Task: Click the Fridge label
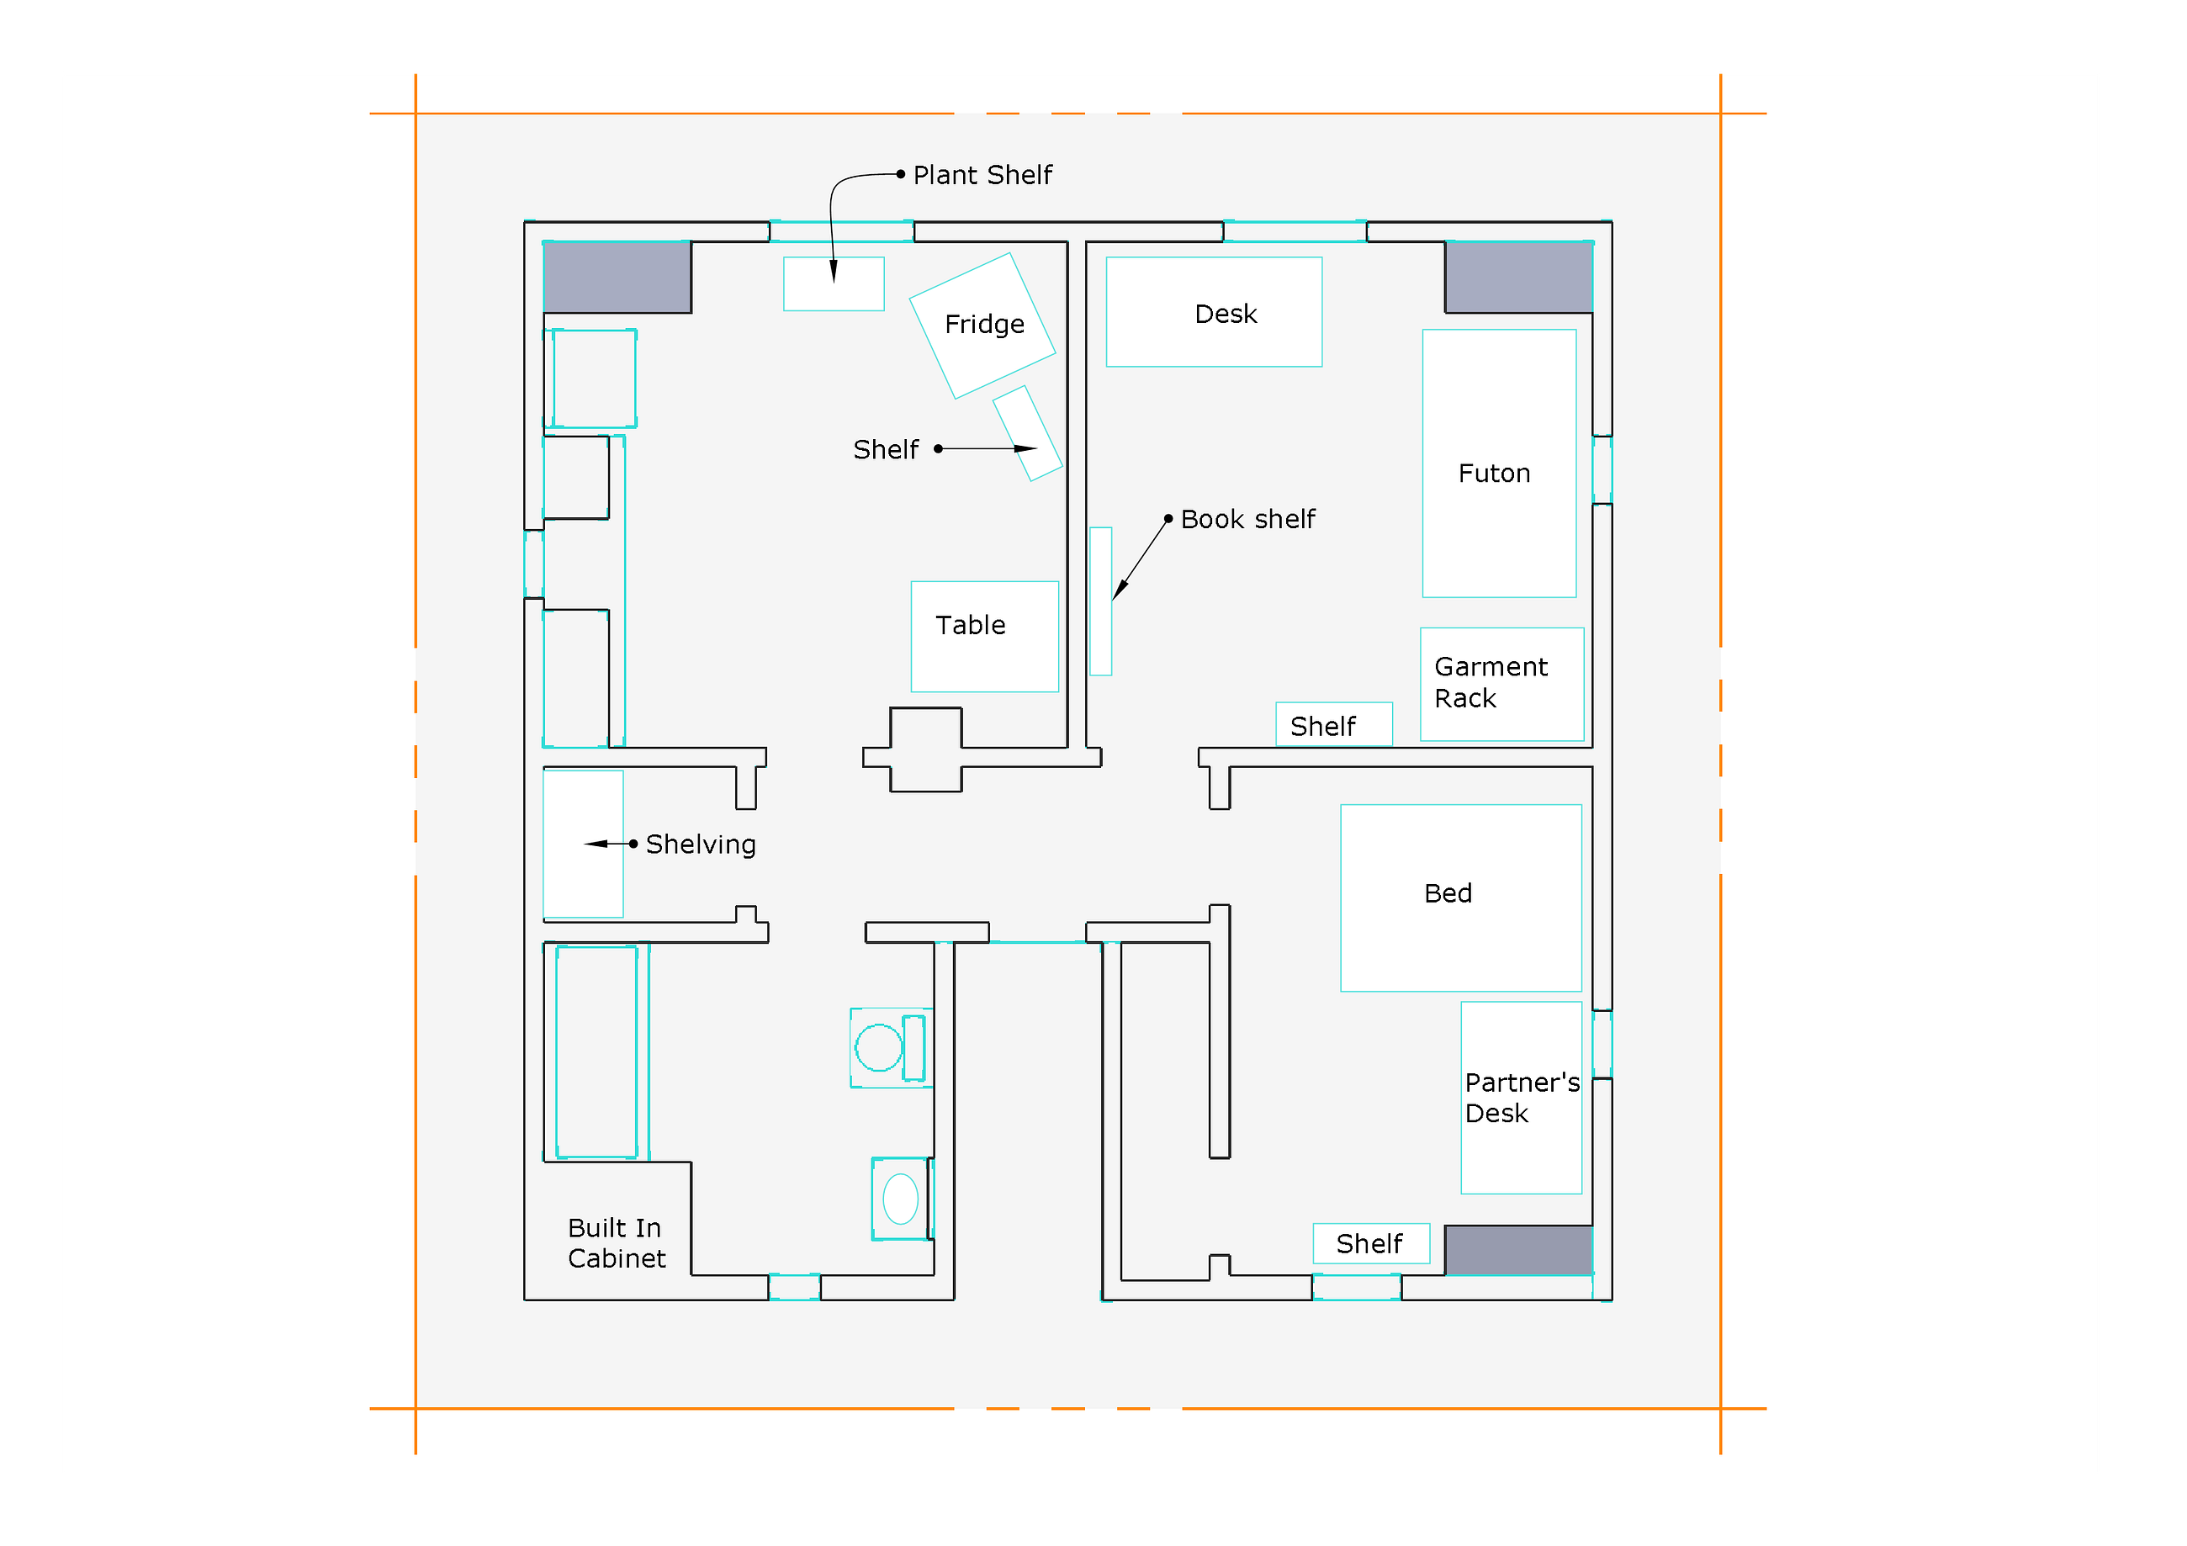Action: [984, 325]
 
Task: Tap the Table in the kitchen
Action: [984, 636]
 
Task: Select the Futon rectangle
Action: [1498, 463]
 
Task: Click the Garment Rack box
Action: [1501, 684]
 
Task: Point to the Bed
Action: [1460, 898]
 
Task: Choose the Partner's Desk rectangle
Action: [1520, 1098]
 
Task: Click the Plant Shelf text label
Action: [982, 175]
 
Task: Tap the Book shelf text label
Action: [1247, 519]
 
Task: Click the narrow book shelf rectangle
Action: [1100, 601]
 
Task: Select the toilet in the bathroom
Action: [891, 1048]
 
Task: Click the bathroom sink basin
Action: [900, 1199]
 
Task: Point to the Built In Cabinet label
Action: [617, 1243]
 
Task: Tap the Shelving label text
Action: [700, 845]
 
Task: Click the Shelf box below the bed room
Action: [1371, 1243]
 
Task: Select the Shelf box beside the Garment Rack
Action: [1333, 725]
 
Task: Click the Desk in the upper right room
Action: [1214, 311]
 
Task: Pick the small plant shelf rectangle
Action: [834, 283]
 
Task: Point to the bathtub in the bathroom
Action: [596, 1051]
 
